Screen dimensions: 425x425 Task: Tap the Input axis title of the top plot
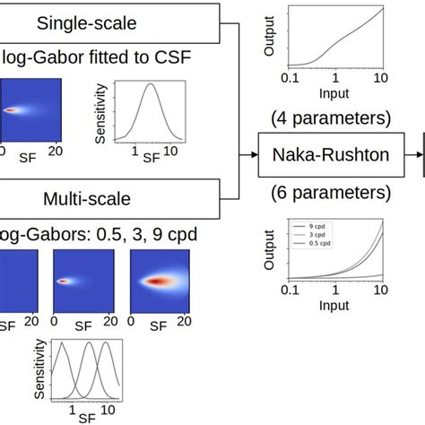tap(334, 92)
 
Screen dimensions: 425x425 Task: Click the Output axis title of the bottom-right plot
tap(268, 249)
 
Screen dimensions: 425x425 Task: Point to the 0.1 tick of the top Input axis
tap(289, 79)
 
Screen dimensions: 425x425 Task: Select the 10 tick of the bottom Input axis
tap(381, 292)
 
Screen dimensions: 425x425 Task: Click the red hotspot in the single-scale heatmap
tap(11, 110)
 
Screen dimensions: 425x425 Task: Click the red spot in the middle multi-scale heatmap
tap(64, 281)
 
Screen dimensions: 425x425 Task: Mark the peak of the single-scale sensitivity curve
tap(151, 84)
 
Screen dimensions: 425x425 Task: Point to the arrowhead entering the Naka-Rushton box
tap(253, 155)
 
